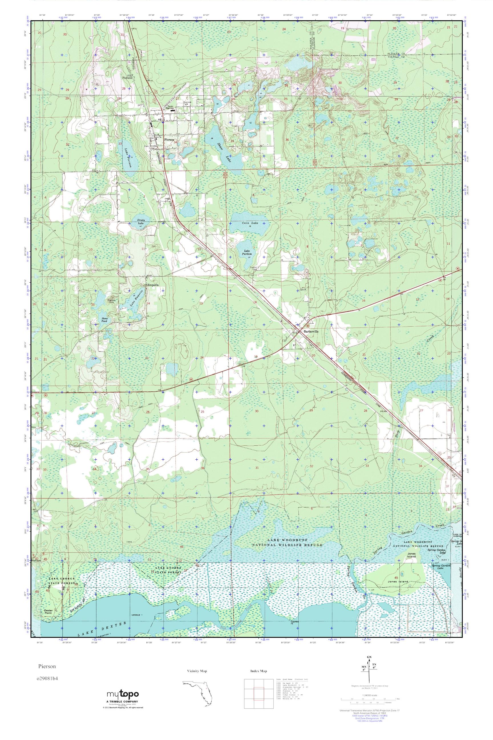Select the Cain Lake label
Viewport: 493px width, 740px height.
point(250,223)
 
